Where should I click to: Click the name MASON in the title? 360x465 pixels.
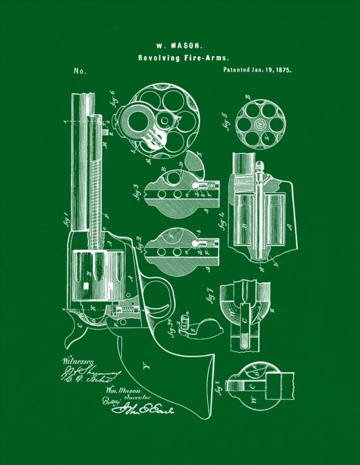coord(188,46)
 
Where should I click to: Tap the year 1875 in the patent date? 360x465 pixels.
coord(282,71)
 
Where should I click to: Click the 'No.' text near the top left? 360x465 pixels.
coord(80,71)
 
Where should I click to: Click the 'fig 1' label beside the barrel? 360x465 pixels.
coord(64,221)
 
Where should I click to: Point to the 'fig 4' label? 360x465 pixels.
coord(224,223)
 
